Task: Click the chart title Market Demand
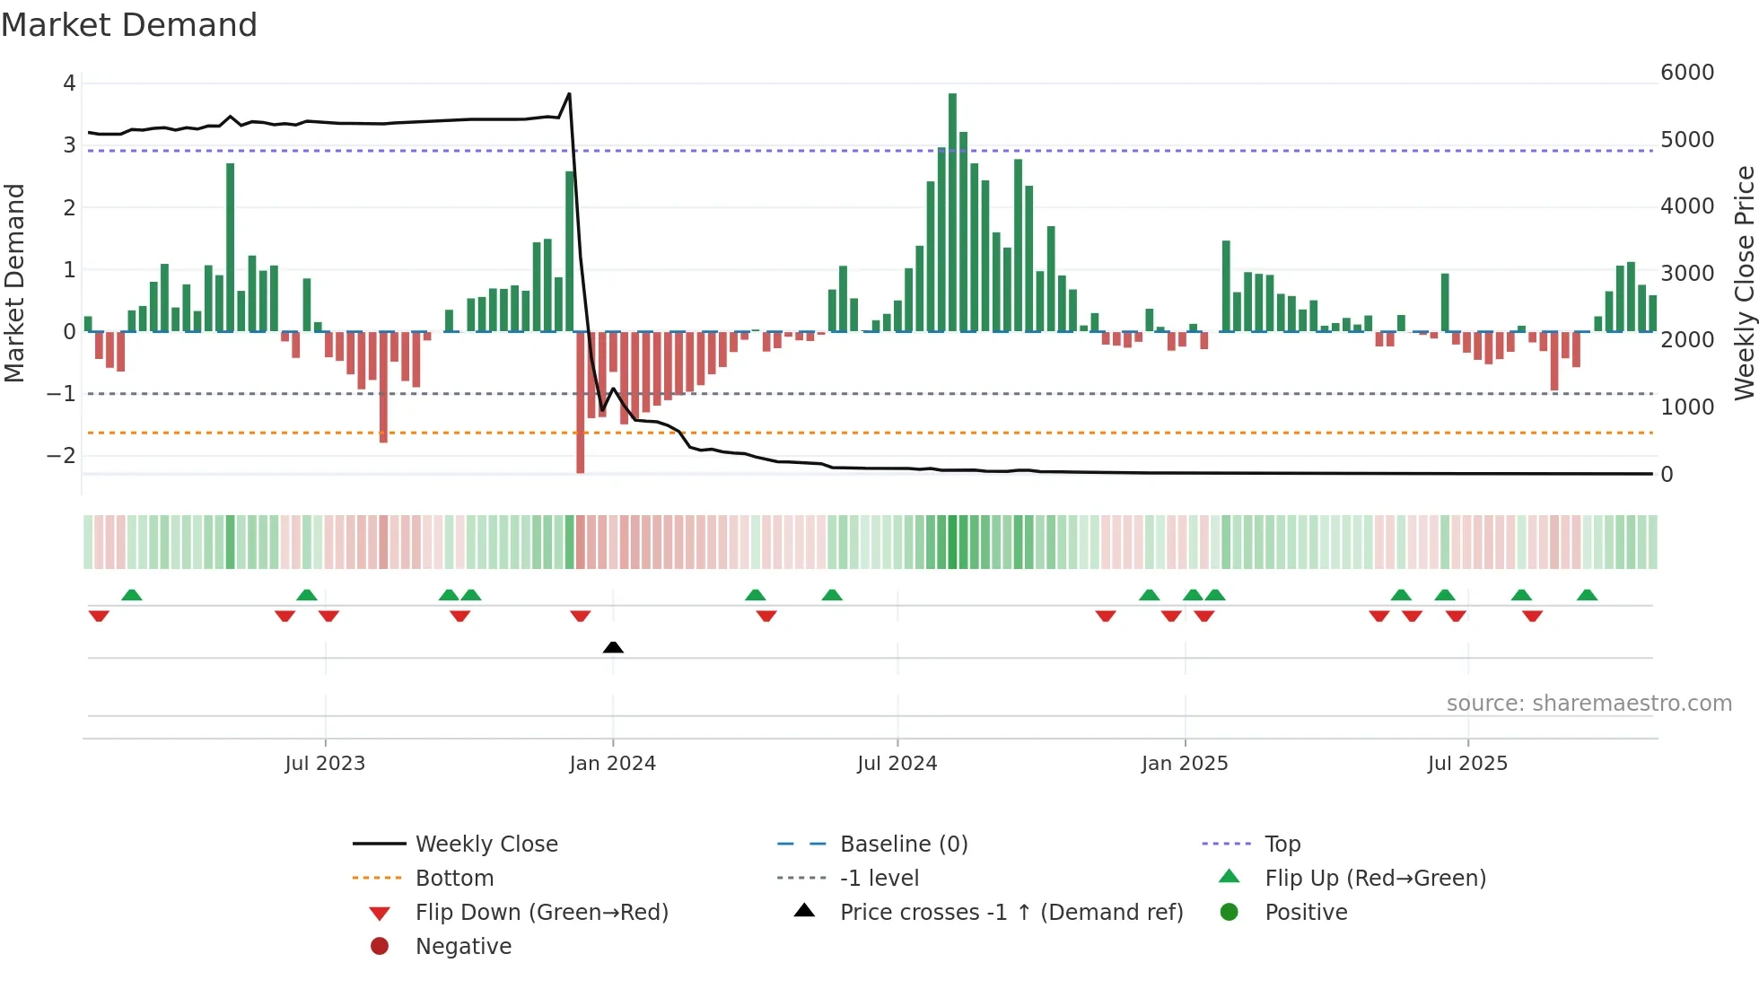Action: pos(129,25)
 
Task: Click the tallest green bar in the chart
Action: pos(952,213)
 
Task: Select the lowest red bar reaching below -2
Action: pos(581,404)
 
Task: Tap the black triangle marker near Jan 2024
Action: pos(613,647)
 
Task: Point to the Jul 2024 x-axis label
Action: pos(897,764)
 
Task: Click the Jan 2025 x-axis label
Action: pos(1185,764)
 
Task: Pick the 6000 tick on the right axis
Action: pos(1687,73)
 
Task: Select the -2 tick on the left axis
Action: pos(61,456)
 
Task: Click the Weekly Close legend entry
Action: pos(486,845)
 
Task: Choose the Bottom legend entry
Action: pos(454,879)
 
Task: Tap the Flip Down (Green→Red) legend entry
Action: pos(541,913)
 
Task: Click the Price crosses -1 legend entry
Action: pos(1011,913)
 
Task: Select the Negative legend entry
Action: pos(463,947)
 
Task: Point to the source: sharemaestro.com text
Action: pos(1588,704)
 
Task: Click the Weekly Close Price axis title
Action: pos(1744,283)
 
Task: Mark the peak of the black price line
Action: pos(569,93)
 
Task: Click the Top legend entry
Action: pos(1282,845)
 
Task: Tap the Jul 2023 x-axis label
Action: pos(325,764)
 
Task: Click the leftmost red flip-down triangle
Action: pos(99,616)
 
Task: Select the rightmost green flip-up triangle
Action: pos(1587,595)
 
